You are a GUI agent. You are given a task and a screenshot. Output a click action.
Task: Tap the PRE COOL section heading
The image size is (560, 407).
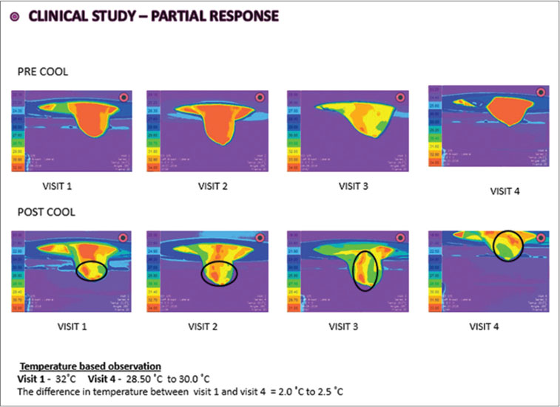(42, 72)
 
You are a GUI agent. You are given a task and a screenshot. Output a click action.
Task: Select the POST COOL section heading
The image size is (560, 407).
(45, 213)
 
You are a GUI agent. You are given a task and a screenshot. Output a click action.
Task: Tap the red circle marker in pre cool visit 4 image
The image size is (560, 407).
(541, 92)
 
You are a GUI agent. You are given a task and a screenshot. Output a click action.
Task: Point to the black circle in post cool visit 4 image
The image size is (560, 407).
(508, 245)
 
